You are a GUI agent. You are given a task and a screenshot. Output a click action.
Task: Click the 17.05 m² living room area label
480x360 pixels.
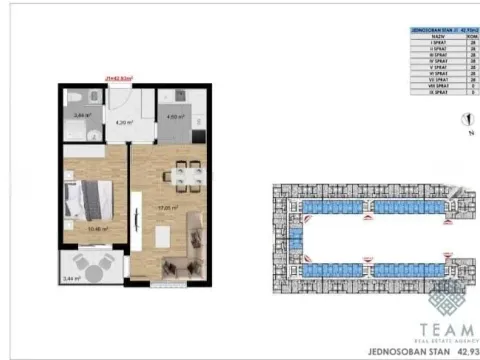click(x=169, y=209)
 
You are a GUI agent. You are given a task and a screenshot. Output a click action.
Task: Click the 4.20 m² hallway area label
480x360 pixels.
click(x=124, y=123)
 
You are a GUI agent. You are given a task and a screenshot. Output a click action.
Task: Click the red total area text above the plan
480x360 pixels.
click(x=119, y=75)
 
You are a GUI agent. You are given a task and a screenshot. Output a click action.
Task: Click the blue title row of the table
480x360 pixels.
click(x=439, y=31)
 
